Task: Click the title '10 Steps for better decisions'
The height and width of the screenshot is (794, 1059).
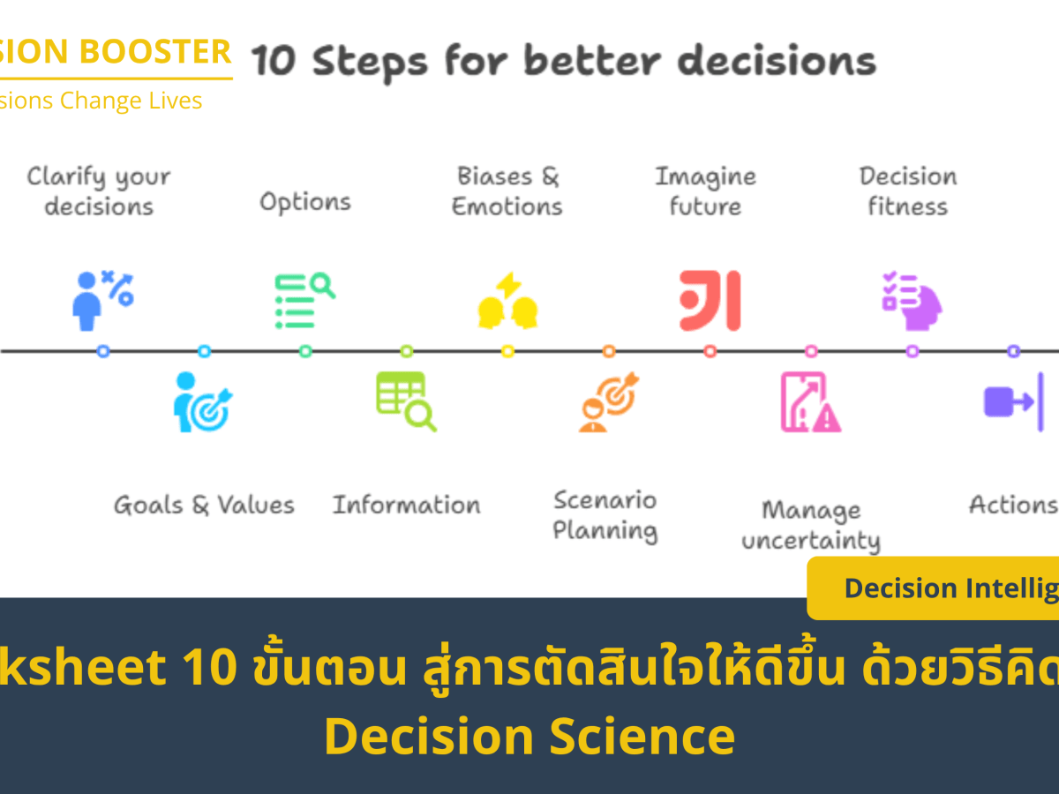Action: (564, 63)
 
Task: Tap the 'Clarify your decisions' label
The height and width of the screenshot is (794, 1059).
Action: (98, 191)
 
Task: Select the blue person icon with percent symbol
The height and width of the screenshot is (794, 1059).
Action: (101, 300)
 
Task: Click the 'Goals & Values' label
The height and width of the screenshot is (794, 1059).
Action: (204, 506)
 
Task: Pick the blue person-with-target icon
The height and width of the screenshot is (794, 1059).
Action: (202, 403)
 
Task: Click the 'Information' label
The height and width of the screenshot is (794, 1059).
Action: (406, 506)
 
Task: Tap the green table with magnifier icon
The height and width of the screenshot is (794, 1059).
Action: (406, 401)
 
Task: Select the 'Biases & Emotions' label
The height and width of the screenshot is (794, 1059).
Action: (507, 191)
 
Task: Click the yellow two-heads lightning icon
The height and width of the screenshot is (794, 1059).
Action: (507, 301)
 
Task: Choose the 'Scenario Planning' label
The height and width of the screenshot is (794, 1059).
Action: (605, 515)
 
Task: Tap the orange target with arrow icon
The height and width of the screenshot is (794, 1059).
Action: (609, 402)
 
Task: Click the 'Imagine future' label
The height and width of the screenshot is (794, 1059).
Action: (705, 191)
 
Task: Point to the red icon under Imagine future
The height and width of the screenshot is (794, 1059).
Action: (710, 301)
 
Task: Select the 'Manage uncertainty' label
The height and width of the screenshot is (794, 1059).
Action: (811, 525)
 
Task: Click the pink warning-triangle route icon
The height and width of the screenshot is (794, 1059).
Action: (810, 402)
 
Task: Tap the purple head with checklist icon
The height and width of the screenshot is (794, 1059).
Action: (912, 301)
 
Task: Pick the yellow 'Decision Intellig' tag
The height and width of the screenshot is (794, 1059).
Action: (949, 588)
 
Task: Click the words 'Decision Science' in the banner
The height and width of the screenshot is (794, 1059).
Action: (529, 738)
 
